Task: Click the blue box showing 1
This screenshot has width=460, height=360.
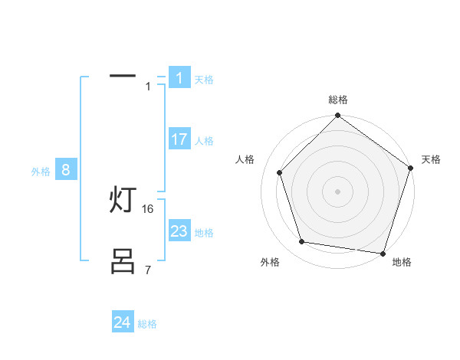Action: [179, 78]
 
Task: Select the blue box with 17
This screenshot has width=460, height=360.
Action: [179, 139]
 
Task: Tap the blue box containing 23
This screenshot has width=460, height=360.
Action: [179, 231]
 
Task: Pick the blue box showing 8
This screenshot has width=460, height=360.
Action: [65, 170]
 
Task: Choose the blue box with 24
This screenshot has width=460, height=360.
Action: [122, 322]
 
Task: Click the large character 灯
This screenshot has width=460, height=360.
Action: [123, 200]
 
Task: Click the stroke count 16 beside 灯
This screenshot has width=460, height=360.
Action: [148, 208]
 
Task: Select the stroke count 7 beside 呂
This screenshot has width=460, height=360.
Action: [148, 270]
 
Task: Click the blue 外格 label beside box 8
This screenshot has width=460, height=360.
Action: [41, 172]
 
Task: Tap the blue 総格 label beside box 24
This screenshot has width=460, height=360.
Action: [147, 324]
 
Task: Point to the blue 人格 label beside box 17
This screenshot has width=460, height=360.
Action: [204, 141]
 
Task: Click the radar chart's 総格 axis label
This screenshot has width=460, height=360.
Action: [338, 100]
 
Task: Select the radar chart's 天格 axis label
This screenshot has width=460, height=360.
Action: [431, 159]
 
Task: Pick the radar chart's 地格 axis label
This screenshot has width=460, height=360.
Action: [402, 262]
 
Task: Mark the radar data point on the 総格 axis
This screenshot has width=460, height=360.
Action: [337, 116]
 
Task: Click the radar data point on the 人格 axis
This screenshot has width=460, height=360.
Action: [280, 172]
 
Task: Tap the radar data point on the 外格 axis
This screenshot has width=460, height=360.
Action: [302, 242]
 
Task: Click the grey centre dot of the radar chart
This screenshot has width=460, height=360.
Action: [337, 191]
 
